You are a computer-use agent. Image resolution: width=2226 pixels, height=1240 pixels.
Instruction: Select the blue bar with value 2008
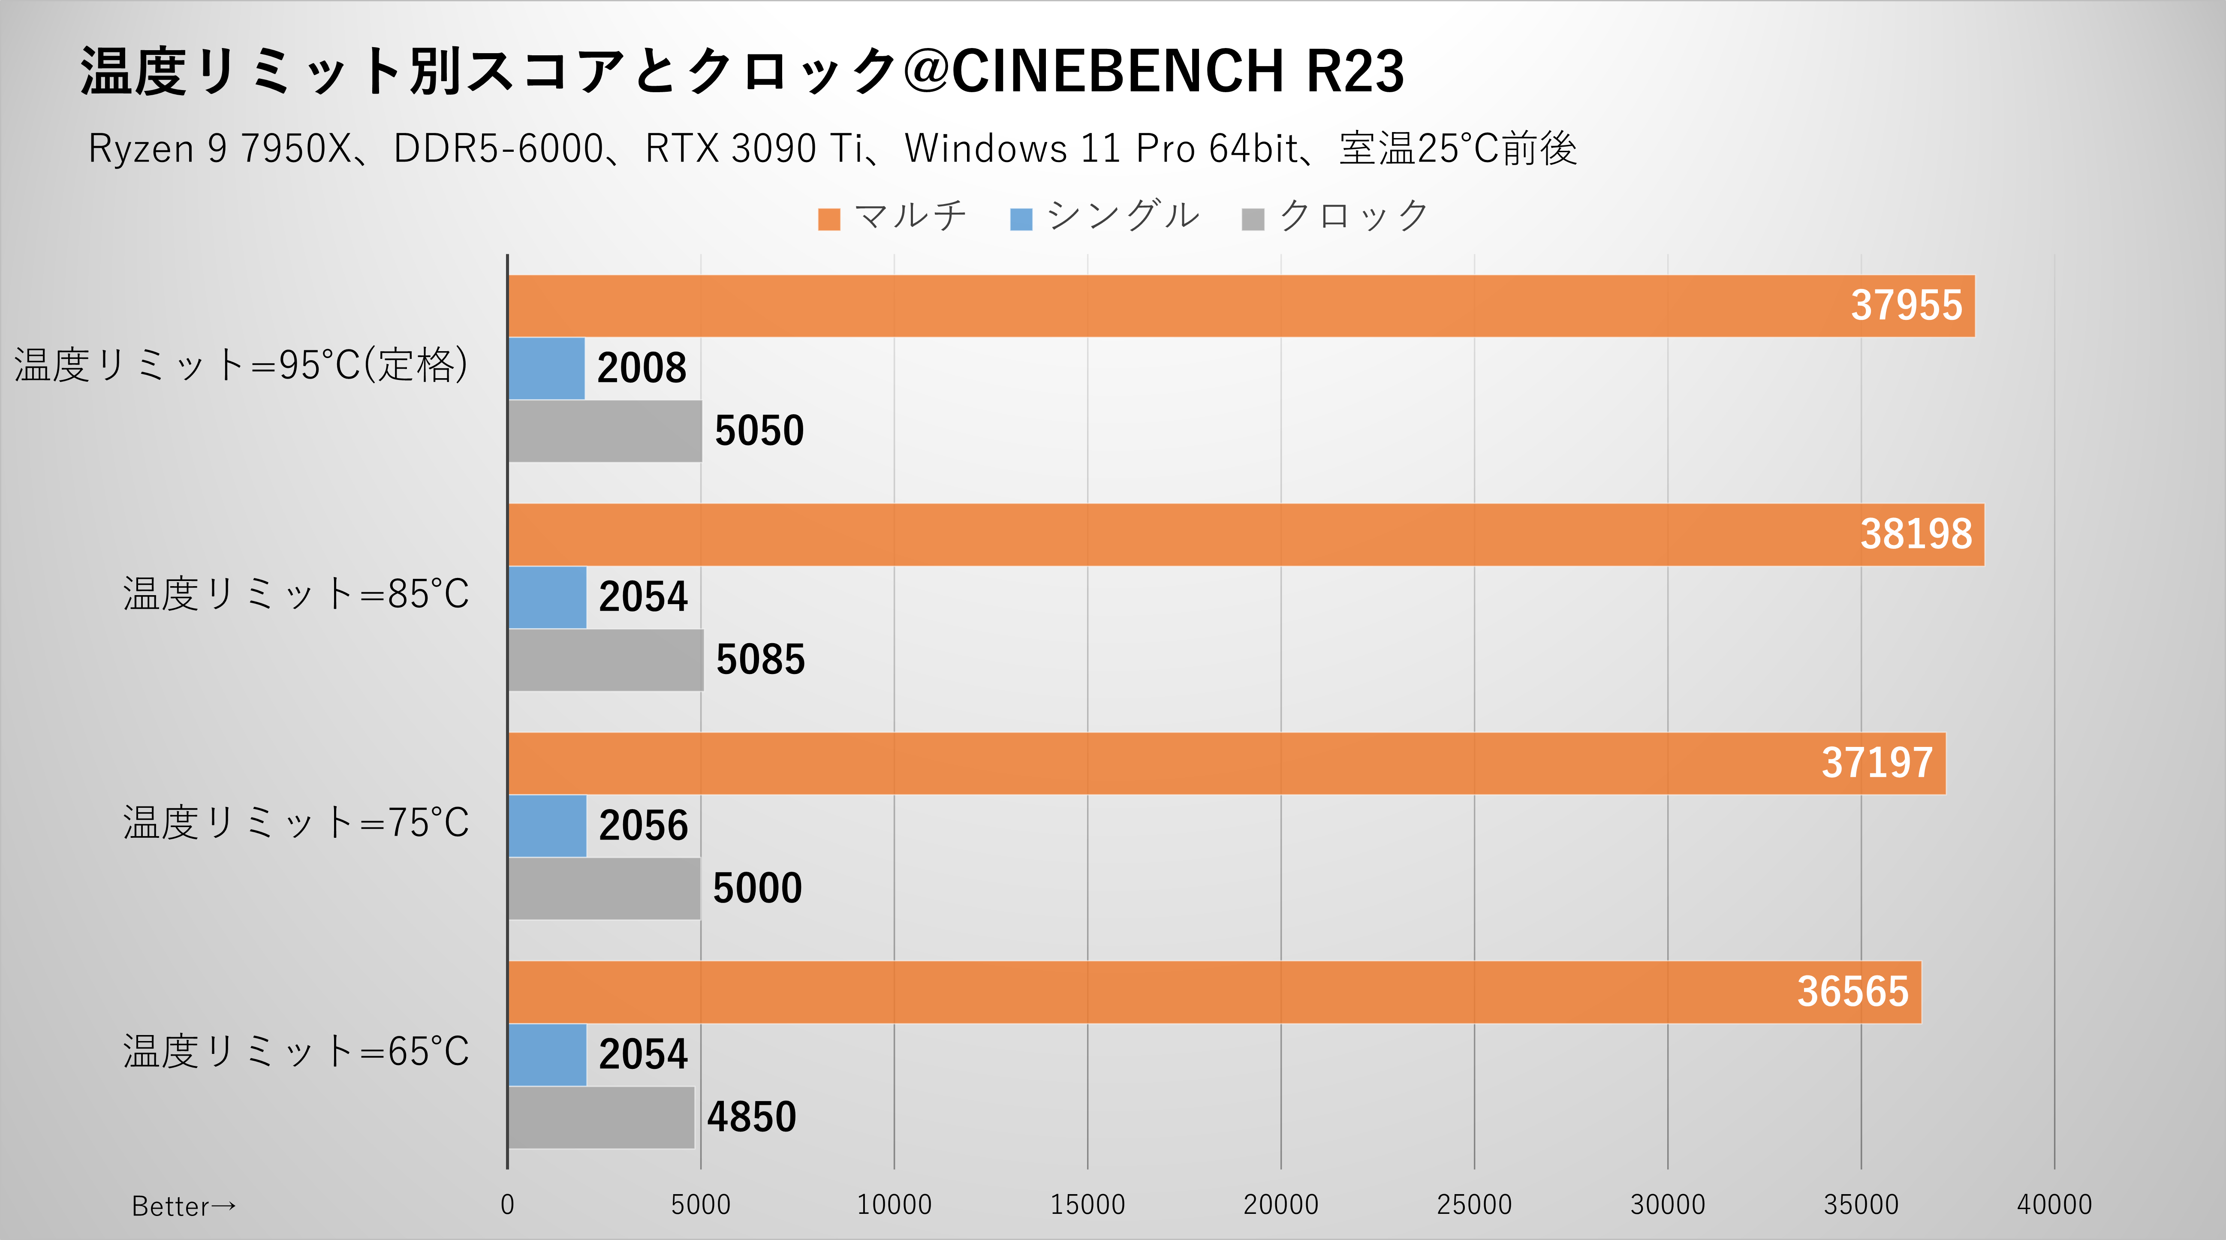(x=546, y=368)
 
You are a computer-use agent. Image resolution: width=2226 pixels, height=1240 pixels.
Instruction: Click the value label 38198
(x=1916, y=534)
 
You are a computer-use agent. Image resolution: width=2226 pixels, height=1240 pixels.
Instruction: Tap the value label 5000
(x=757, y=888)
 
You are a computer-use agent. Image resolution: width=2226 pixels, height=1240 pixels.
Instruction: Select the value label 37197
(x=1877, y=763)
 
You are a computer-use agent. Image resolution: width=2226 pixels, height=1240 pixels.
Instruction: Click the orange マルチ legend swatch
(x=829, y=220)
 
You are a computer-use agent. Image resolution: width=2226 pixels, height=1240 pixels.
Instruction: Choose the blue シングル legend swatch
(x=1021, y=220)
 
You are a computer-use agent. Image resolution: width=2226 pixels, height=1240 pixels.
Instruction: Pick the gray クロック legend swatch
(x=1252, y=220)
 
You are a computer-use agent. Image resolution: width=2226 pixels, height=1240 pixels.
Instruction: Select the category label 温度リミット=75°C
(x=295, y=823)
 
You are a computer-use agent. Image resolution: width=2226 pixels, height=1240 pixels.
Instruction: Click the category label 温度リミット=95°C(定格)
(x=241, y=364)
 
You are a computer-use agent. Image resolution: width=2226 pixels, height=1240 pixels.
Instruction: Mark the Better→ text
(x=183, y=1205)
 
